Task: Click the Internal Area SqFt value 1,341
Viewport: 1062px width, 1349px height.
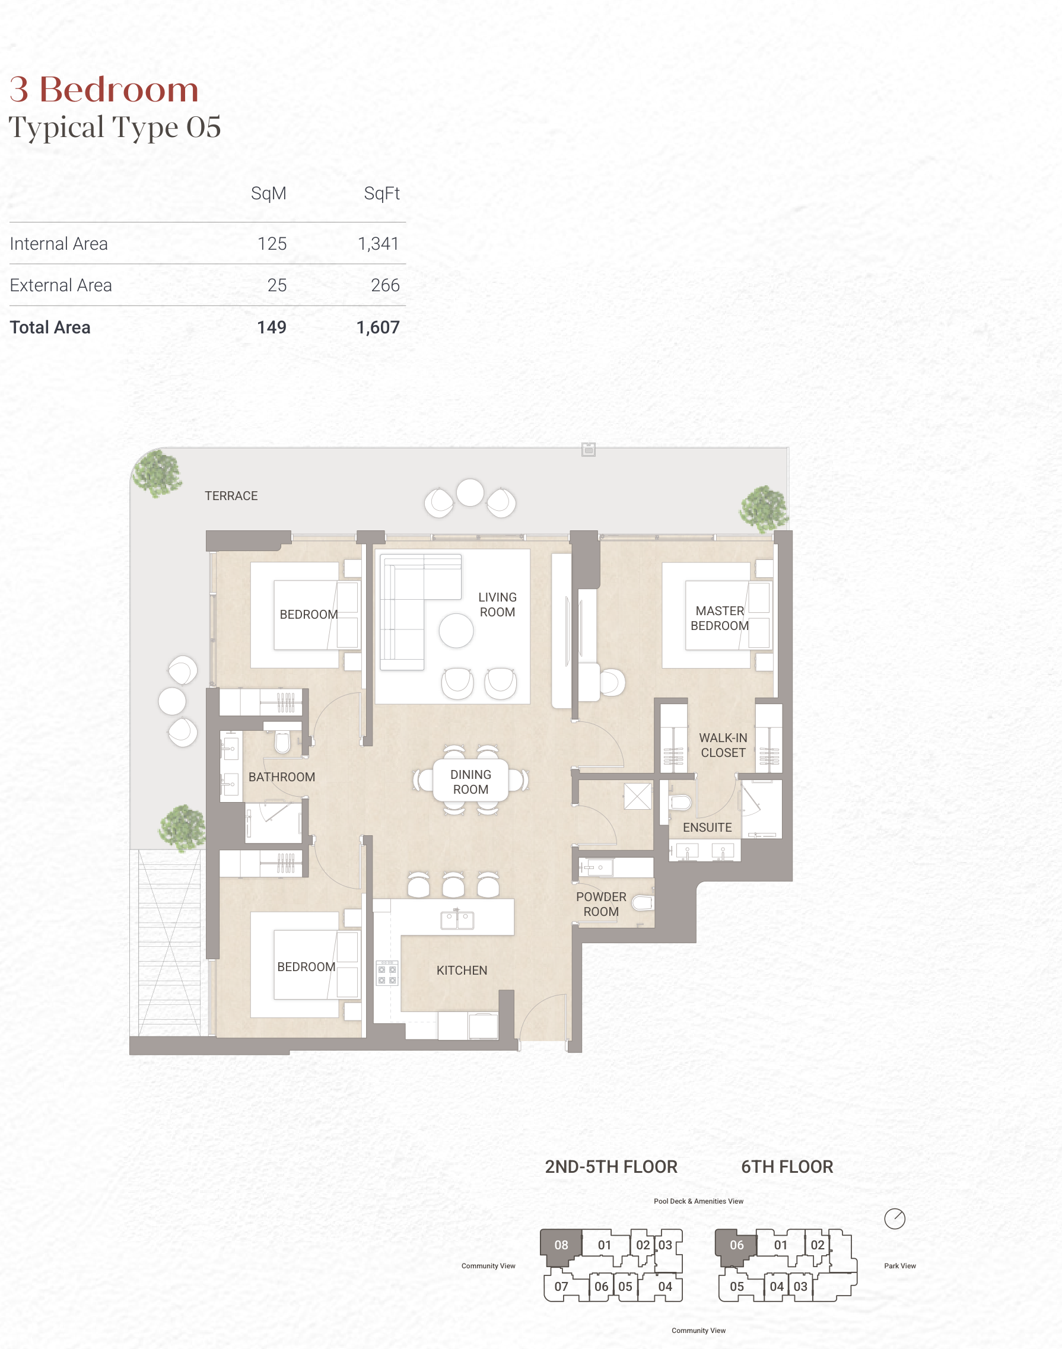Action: pyautogui.click(x=378, y=244)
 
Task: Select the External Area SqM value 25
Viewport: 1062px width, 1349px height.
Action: pyautogui.click(x=276, y=285)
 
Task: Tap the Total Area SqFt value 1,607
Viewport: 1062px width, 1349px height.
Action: pyautogui.click(x=378, y=327)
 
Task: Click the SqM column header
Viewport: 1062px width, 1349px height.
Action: pyautogui.click(x=269, y=193)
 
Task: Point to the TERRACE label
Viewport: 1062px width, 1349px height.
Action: pyautogui.click(x=231, y=496)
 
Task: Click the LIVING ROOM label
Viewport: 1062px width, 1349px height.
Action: pyautogui.click(x=497, y=604)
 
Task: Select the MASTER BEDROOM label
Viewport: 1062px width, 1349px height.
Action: pyautogui.click(x=720, y=619)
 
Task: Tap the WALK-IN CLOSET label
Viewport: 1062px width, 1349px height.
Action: pyautogui.click(x=723, y=745)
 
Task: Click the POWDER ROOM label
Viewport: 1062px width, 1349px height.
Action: pyautogui.click(x=601, y=904)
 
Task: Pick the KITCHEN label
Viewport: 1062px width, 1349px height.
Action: pyautogui.click(x=462, y=971)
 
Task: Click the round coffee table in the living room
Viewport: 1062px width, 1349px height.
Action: pyautogui.click(x=456, y=631)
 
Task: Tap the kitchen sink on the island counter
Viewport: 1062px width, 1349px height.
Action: pyautogui.click(x=457, y=920)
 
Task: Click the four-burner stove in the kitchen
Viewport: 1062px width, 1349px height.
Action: pyautogui.click(x=387, y=973)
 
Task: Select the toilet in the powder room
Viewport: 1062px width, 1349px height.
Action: pyautogui.click(x=643, y=903)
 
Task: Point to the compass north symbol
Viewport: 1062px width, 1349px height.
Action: pyautogui.click(x=895, y=1218)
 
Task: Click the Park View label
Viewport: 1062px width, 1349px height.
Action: pyautogui.click(x=899, y=1266)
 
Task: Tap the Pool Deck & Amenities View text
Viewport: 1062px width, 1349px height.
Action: pyautogui.click(x=698, y=1201)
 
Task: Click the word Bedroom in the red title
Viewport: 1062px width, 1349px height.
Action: pyautogui.click(x=119, y=90)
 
